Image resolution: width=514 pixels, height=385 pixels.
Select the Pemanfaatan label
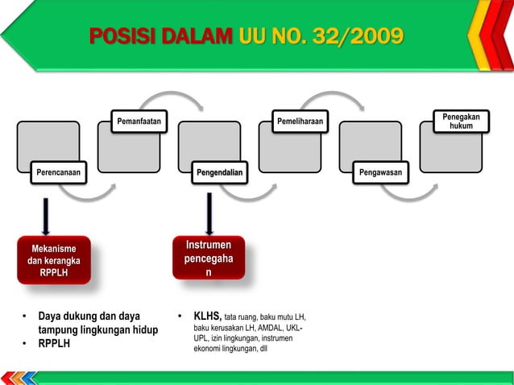pos(139,121)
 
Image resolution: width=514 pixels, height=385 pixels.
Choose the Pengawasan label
pos(383,172)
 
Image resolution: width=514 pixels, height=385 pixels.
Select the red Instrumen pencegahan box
pos(209,259)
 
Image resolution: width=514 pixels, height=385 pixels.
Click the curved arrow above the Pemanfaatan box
pos(169,100)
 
